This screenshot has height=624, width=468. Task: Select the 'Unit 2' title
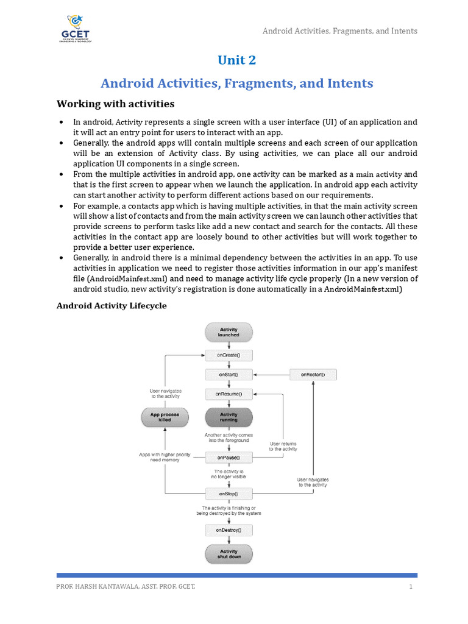click(x=237, y=60)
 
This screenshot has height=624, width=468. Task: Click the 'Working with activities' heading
click(x=115, y=104)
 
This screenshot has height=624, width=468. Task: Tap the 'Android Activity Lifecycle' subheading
click(x=112, y=306)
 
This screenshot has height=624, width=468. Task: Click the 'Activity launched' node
click(x=229, y=332)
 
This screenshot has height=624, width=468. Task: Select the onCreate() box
click(x=229, y=355)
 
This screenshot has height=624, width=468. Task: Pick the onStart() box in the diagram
click(x=229, y=374)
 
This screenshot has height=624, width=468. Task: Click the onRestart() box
click(x=313, y=374)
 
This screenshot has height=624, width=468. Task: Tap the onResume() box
click(x=229, y=394)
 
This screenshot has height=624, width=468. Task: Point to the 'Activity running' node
click(x=229, y=417)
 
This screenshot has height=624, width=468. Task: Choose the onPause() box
click(x=229, y=457)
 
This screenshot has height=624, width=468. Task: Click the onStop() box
click(x=229, y=493)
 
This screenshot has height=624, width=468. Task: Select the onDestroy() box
click(x=229, y=530)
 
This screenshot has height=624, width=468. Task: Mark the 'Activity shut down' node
click(x=229, y=554)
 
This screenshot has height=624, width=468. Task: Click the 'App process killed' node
click(x=165, y=417)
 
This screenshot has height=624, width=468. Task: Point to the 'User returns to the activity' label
click(x=283, y=446)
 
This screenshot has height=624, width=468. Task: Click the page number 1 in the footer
click(x=411, y=587)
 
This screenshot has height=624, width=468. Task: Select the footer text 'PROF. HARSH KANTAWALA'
click(x=91, y=587)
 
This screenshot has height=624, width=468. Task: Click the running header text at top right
click(x=340, y=30)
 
